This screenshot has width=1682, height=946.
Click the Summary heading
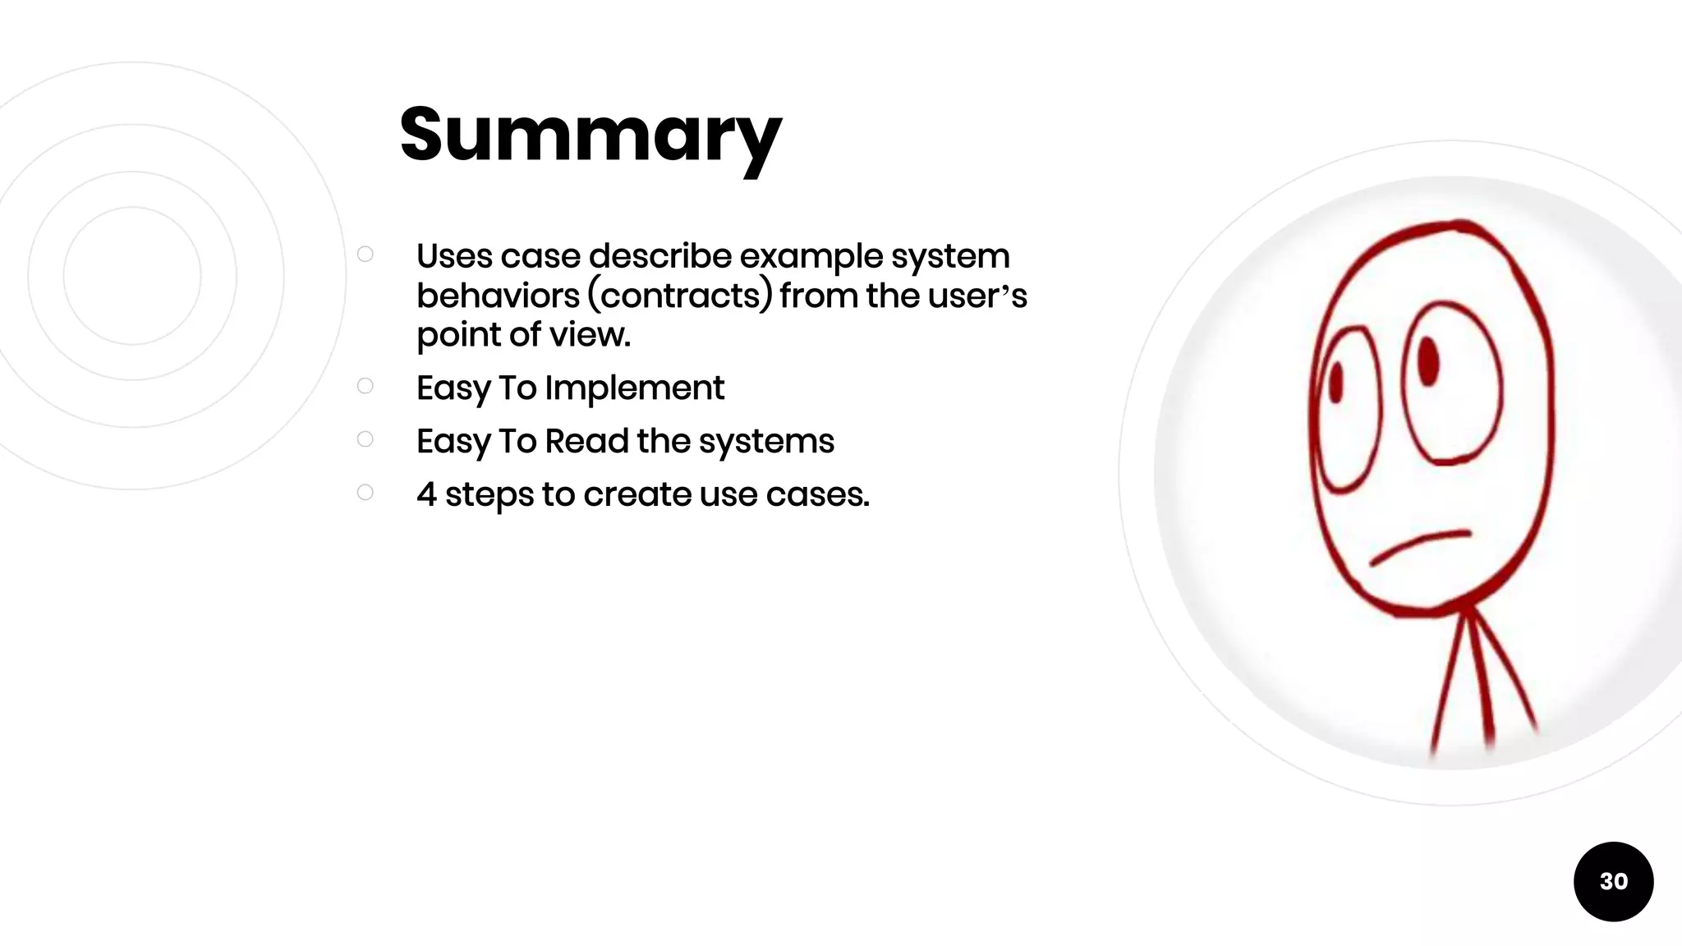591,135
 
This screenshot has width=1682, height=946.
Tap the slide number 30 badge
1613,881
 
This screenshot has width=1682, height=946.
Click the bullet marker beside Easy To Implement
365,386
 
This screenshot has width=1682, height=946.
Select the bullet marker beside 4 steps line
365,492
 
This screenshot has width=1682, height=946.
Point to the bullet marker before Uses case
365,255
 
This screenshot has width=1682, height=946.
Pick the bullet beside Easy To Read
365,439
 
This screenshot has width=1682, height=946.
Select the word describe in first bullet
659,256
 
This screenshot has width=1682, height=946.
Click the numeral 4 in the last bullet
426,494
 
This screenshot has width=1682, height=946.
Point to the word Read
586,441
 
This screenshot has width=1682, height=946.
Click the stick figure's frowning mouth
1419,545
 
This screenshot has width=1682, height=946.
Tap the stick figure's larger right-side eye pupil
1428,360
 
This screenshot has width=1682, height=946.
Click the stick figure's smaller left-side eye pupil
1335,383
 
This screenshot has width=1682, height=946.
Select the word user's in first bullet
977,296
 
